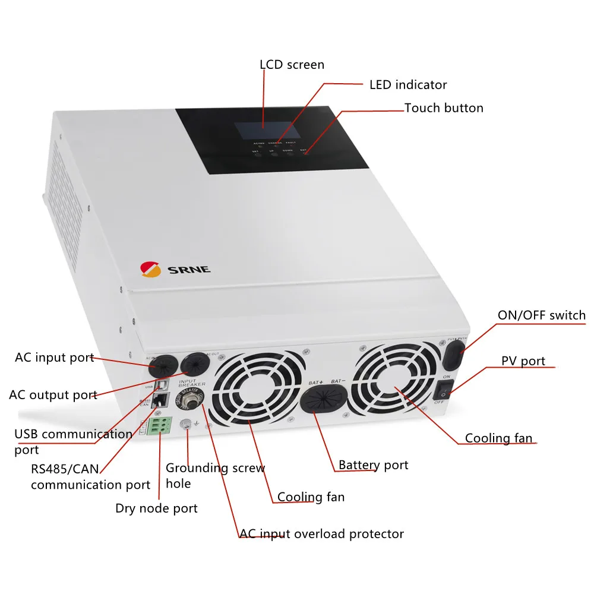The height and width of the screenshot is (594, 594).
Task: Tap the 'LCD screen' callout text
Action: (x=292, y=64)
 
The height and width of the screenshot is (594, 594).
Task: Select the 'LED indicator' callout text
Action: (x=408, y=85)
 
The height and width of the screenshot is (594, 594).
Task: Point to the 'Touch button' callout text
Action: (x=444, y=108)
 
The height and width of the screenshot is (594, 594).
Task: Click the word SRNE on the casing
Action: (x=189, y=270)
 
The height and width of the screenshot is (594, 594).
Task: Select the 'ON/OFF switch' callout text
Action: (x=541, y=315)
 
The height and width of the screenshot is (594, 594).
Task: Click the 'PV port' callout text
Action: (x=523, y=361)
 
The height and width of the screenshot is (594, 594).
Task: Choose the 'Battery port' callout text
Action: (x=373, y=465)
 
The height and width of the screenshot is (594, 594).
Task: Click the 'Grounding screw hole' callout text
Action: (x=215, y=476)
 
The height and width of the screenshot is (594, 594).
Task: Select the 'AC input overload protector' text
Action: (x=321, y=534)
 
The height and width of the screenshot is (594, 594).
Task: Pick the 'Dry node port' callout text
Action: (x=156, y=508)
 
